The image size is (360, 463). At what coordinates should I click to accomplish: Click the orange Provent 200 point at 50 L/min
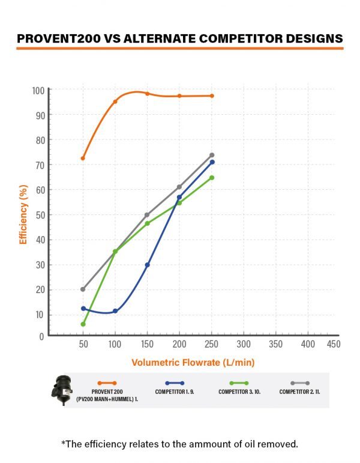(83, 158)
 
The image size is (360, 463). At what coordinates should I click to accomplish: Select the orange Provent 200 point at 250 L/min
(212, 95)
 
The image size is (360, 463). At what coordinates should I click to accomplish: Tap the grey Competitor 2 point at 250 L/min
(212, 155)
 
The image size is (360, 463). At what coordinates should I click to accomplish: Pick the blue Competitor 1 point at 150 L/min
(147, 265)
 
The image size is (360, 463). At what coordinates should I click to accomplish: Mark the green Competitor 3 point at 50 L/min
(83, 324)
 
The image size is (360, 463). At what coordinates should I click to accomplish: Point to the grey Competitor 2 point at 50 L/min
(83, 289)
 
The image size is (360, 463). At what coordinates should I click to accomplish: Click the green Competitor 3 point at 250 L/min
(212, 178)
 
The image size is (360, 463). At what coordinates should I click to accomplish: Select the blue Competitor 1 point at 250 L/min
(212, 162)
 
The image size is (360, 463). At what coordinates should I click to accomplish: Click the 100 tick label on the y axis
(38, 91)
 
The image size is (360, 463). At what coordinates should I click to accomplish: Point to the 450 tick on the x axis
(333, 344)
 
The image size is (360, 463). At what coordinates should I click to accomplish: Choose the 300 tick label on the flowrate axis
(243, 344)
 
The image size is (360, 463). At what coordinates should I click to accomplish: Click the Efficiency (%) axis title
(24, 214)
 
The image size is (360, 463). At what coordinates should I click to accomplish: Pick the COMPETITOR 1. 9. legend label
(175, 392)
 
